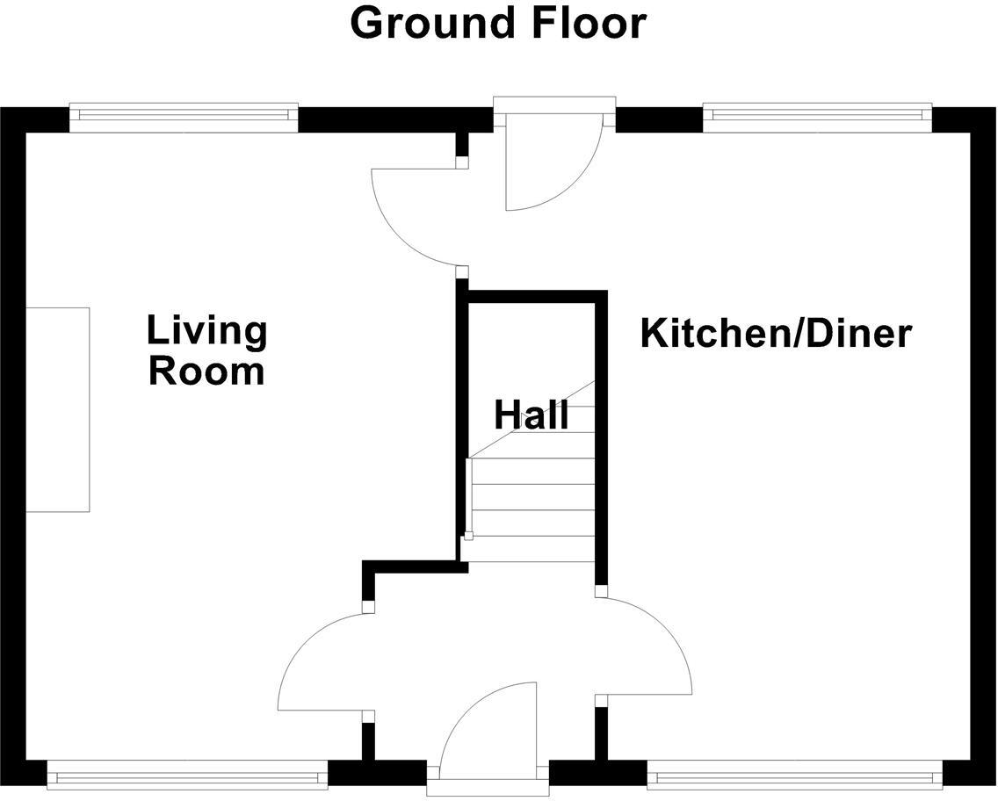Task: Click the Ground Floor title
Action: (498, 24)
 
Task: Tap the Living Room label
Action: (206, 350)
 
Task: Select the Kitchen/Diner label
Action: (776, 335)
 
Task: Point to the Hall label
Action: (531, 415)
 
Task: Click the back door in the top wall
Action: (549, 158)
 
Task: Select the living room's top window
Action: (184, 115)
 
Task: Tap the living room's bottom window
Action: (186, 776)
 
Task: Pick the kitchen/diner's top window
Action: (817, 115)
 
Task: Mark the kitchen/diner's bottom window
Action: (795, 776)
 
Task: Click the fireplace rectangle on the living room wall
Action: (58, 409)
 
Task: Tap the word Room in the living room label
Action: (206, 371)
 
